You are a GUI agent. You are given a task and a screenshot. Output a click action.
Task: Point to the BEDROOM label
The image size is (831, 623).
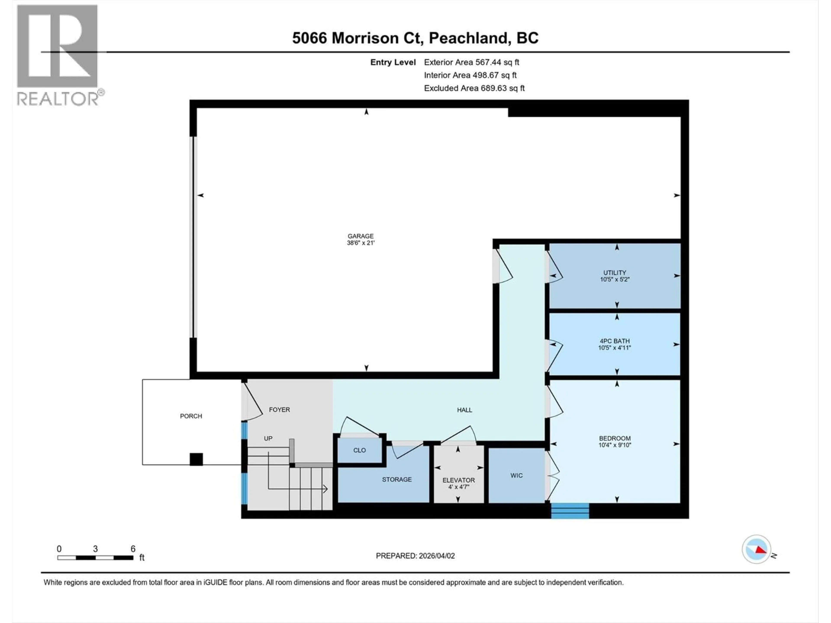(x=615, y=438)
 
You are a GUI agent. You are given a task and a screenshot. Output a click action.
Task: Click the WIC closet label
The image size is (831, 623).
(x=516, y=475)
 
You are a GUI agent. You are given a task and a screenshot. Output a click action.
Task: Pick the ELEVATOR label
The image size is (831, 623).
(x=458, y=480)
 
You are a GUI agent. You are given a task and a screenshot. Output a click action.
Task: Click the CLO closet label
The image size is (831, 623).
(x=359, y=450)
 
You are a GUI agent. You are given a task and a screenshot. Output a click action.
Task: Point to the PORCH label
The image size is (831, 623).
(x=191, y=416)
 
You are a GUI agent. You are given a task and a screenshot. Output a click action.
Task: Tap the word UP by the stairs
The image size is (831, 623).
(x=268, y=438)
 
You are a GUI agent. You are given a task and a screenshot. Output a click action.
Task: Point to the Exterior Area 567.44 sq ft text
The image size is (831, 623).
(x=472, y=62)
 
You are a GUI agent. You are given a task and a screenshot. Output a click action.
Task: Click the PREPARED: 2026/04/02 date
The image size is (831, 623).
(x=415, y=556)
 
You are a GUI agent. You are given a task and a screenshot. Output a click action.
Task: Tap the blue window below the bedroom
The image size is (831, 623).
(x=570, y=511)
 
